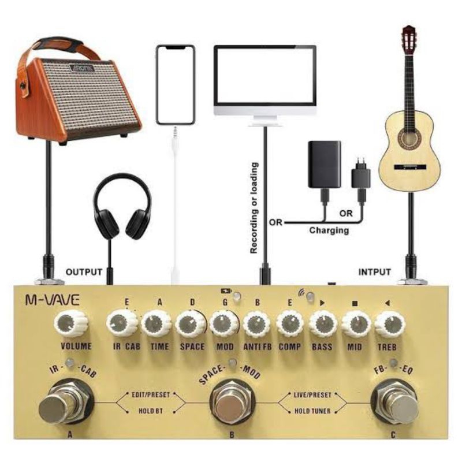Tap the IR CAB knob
pyautogui.click(x=122, y=323)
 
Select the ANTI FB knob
pyautogui.click(x=256, y=325)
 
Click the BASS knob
pyautogui.click(x=323, y=325)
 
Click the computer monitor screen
pyautogui.click(x=265, y=77)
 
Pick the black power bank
pyautogui.click(x=324, y=164)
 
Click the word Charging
pyautogui.click(x=329, y=230)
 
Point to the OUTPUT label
pyautogui.click(x=84, y=271)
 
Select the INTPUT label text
pyautogui.click(x=375, y=271)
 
